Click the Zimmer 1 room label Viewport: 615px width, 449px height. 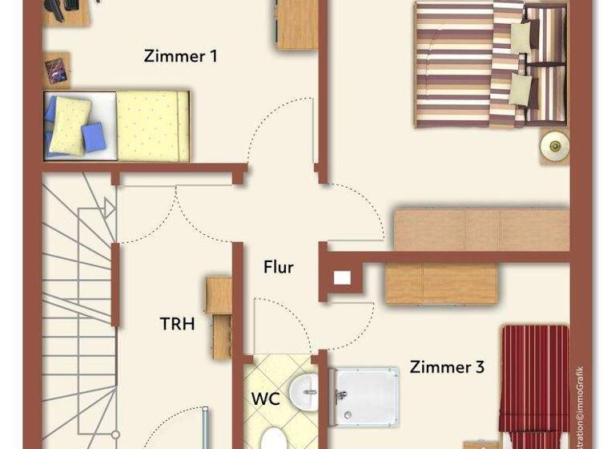[x=180, y=57]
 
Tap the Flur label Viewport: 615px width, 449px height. [x=278, y=268]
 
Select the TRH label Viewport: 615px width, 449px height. [x=177, y=324]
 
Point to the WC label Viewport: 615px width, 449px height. [x=265, y=398]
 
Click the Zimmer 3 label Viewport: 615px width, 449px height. [x=447, y=368]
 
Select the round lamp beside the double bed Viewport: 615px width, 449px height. [x=553, y=145]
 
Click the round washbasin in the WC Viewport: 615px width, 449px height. [x=303, y=392]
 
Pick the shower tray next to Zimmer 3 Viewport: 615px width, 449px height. [x=366, y=395]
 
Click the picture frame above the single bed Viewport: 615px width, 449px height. [x=56, y=71]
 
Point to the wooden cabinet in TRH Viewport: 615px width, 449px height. [x=218, y=318]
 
